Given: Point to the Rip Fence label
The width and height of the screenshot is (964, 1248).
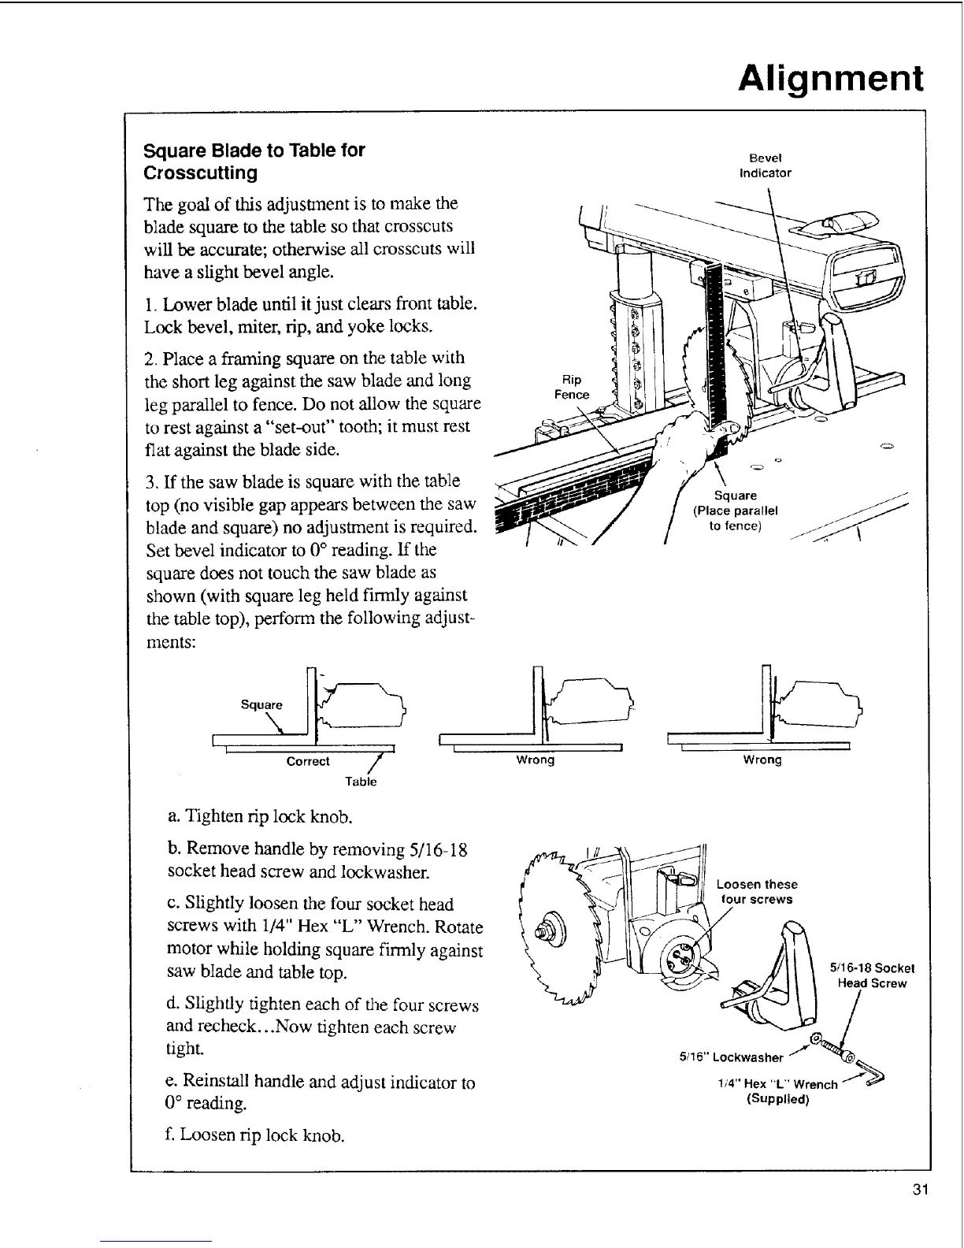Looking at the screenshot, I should [572, 387].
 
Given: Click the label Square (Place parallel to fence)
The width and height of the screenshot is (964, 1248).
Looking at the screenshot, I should [735, 511].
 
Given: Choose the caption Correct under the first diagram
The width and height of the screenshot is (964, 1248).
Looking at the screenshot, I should [308, 761].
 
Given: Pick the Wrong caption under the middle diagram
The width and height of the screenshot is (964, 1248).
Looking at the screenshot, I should [535, 760].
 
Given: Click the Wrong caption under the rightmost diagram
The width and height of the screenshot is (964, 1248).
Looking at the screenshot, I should [762, 760].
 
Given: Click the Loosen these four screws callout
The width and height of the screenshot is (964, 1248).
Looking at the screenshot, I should [756, 892].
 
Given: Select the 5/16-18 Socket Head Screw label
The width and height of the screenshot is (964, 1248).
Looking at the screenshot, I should [872, 975].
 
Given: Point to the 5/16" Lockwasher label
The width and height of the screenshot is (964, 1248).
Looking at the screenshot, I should [732, 1057].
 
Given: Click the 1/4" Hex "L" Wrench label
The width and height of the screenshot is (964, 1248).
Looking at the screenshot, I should [777, 1084].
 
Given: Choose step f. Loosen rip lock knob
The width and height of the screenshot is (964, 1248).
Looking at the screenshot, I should [256, 1135].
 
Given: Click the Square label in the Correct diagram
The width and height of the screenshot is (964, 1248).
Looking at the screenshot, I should [261, 704].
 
